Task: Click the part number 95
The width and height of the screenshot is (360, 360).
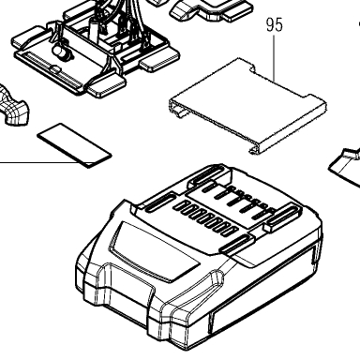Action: (275, 24)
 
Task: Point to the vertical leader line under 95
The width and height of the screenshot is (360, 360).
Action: (275, 58)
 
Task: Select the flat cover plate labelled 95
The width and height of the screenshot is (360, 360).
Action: (247, 106)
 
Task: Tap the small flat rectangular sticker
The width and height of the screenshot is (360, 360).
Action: (74, 145)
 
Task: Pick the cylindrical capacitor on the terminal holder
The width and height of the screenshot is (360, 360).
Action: (62, 52)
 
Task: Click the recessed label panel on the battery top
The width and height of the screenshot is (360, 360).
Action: (154, 251)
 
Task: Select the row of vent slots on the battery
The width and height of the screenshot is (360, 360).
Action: (205, 218)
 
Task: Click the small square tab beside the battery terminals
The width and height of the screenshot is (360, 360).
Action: (269, 226)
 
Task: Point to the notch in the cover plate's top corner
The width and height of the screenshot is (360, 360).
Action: (253, 68)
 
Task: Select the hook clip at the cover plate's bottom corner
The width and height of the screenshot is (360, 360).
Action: (254, 151)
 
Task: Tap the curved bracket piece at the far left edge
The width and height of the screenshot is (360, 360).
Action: (14, 105)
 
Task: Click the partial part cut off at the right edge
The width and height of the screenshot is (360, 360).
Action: (344, 166)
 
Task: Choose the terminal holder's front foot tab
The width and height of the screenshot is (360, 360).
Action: (106, 86)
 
